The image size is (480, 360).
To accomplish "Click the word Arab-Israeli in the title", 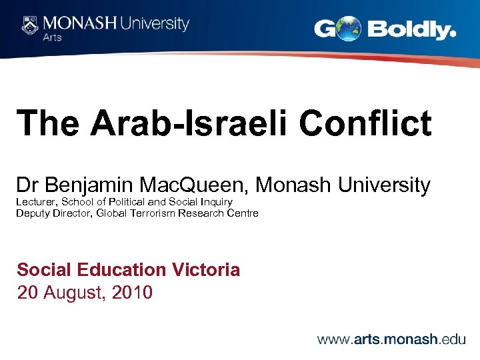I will (192, 123).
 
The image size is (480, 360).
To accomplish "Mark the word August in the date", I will (76, 293).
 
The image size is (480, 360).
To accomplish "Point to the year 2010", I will (133, 293).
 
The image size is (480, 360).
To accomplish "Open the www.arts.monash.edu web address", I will (391, 339).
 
